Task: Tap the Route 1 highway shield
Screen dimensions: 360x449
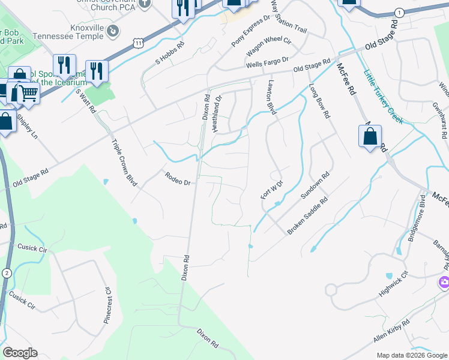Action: click(x=399, y=13)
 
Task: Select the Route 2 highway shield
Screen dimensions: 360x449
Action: click(x=7, y=272)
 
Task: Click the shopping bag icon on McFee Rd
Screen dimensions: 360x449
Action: click(x=370, y=136)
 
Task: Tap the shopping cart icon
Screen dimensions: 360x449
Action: click(x=28, y=93)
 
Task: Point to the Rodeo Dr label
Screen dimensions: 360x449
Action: click(x=178, y=178)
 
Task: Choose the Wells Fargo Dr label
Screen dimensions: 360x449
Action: click(x=267, y=62)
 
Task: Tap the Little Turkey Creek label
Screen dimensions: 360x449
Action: click(x=384, y=97)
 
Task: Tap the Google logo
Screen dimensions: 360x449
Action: click(x=20, y=353)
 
